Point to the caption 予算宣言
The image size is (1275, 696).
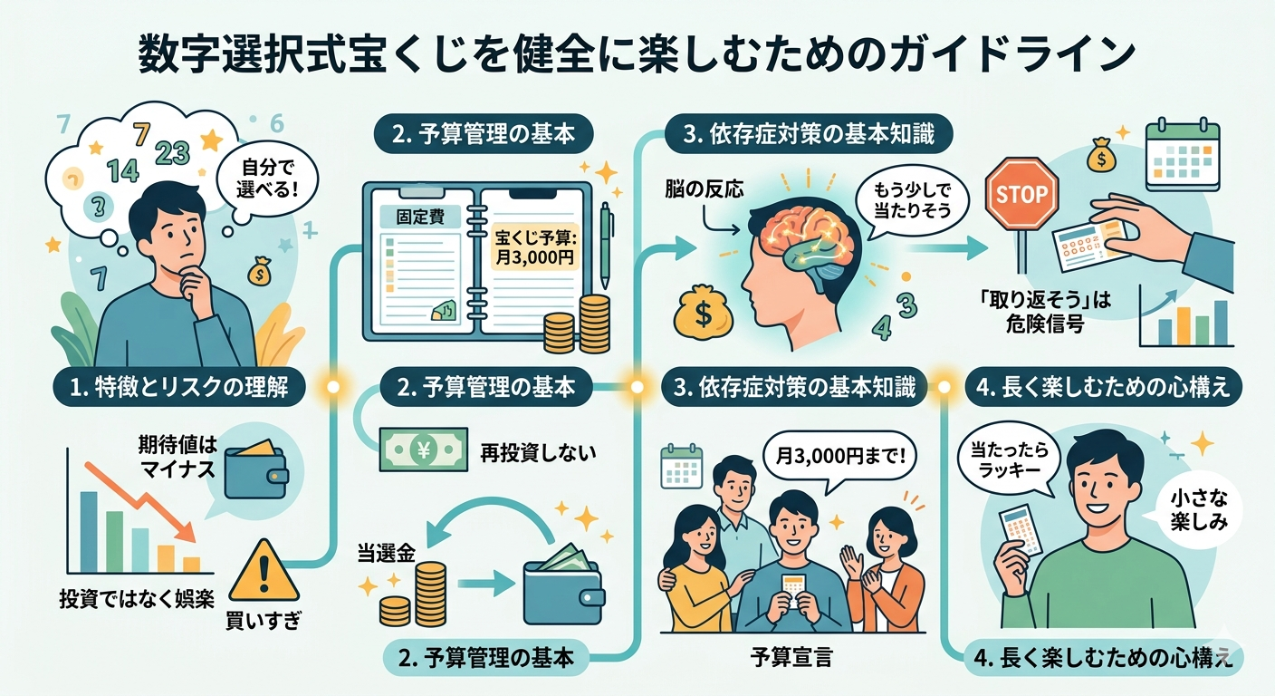click(x=791, y=657)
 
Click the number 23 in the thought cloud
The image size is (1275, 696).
click(x=172, y=151)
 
